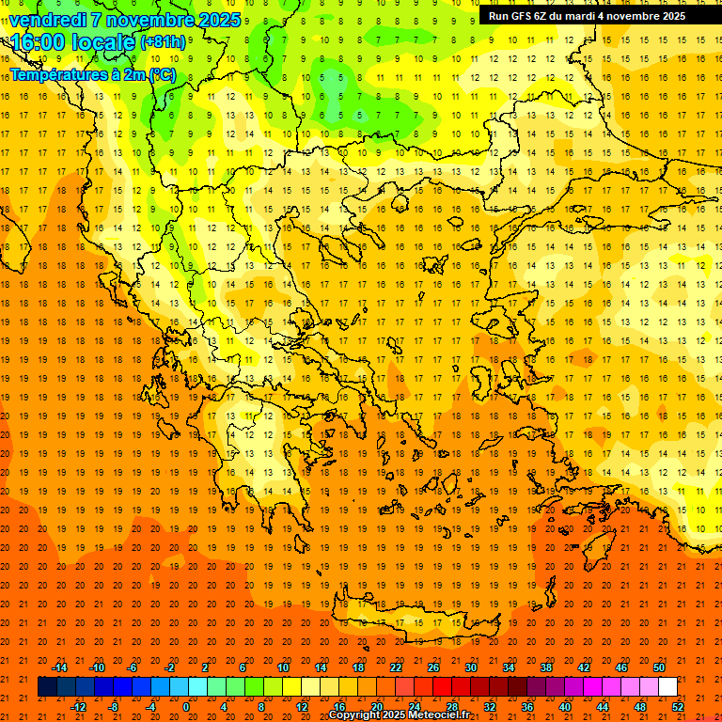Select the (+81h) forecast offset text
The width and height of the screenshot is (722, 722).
pyautogui.click(x=162, y=42)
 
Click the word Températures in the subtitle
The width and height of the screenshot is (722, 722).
pyautogui.click(x=58, y=73)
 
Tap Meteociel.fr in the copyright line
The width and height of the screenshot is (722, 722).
pyautogui.click(x=442, y=715)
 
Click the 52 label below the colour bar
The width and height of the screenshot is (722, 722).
pyautogui.click(x=679, y=706)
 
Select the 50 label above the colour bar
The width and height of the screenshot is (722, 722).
pyautogui.click(x=659, y=667)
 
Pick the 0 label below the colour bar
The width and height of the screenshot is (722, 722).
pyautogui.click(x=186, y=706)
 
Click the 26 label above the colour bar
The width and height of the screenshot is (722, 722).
pyautogui.click(x=433, y=667)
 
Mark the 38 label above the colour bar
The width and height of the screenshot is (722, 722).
pyautogui.click(x=546, y=667)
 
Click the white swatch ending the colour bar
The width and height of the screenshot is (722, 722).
pyautogui.click(x=667, y=687)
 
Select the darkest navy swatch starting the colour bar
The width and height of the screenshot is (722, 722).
pyautogui.click(x=47, y=687)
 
